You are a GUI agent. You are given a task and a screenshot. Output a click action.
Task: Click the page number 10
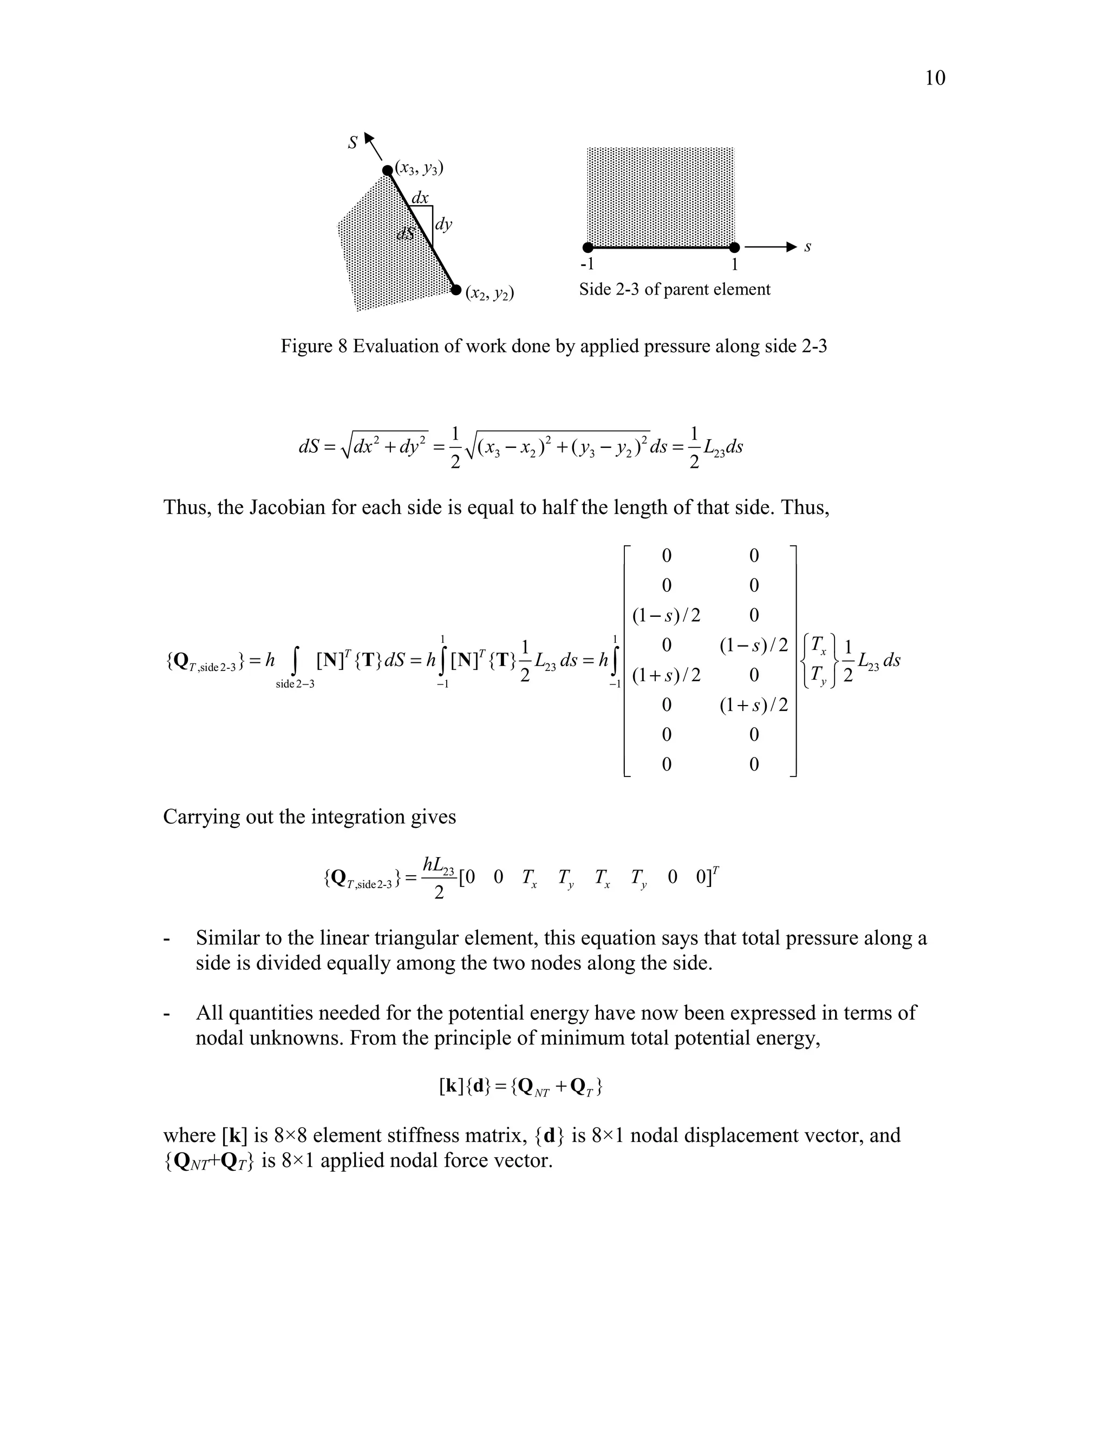pos(934,78)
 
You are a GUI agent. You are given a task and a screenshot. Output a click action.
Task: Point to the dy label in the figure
pos(443,225)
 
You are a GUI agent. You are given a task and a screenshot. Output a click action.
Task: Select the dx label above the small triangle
pos(419,198)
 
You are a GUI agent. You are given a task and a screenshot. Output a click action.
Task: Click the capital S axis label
pos(354,142)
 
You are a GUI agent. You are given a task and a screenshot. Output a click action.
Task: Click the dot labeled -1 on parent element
pos(588,247)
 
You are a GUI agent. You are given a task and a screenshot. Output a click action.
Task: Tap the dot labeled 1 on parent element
pos(734,247)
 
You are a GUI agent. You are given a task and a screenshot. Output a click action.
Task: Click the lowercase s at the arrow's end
pos(807,247)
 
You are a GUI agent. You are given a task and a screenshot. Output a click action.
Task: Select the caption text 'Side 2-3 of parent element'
pos(674,290)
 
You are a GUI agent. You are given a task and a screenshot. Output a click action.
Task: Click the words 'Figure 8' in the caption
pos(313,346)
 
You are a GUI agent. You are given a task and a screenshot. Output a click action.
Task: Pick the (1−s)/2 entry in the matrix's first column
pos(666,616)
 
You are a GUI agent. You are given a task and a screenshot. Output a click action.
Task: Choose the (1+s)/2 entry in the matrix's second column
pos(754,705)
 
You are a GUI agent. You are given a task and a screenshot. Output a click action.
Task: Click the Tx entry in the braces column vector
pos(819,646)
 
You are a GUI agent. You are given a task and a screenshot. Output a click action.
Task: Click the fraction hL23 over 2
pos(439,877)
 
